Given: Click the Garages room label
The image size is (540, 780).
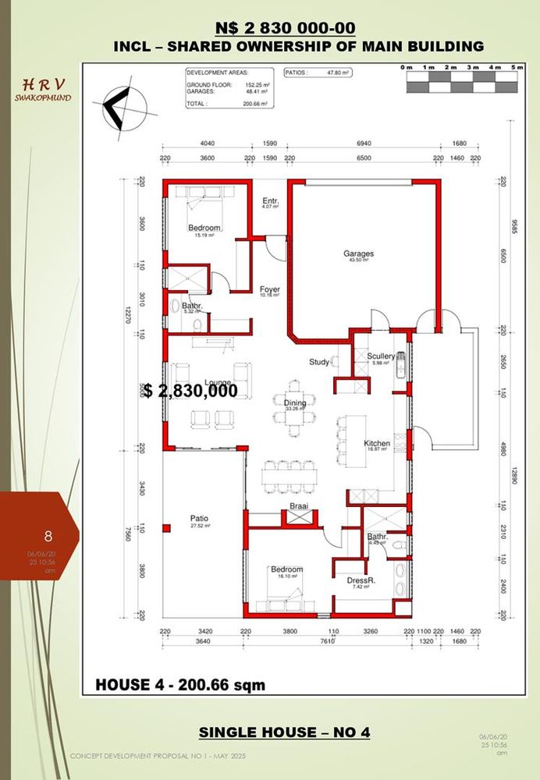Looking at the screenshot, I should [x=359, y=253].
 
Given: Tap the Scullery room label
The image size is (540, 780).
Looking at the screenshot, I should [x=382, y=356].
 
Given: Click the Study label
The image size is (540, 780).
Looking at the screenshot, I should [x=318, y=362].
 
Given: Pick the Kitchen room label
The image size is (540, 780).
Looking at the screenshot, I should [x=377, y=444].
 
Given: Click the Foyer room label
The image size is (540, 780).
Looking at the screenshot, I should [x=270, y=289].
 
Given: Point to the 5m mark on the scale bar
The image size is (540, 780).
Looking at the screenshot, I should [x=515, y=69].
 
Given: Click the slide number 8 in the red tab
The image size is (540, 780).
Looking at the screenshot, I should [x=48, y=536].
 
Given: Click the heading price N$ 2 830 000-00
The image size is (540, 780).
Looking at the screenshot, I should [x=287, y=29].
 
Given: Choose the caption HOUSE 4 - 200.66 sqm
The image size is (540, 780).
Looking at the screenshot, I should [x=180, y=685].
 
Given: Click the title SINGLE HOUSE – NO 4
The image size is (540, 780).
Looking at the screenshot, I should [x=284, y=732].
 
